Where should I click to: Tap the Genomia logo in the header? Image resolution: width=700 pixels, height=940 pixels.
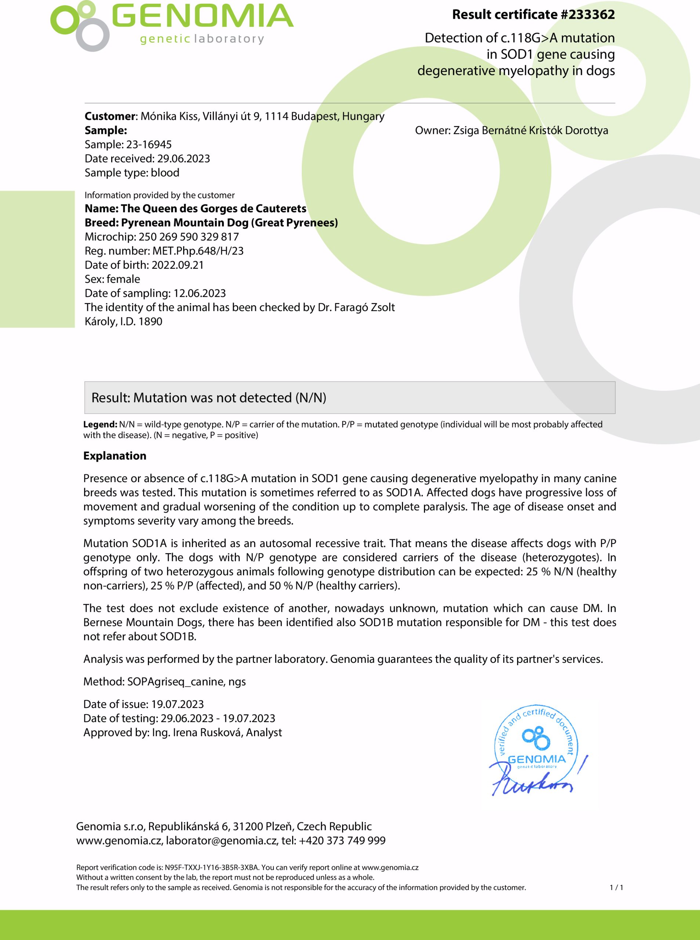[172, 25]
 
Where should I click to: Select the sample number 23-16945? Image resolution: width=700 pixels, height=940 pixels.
[149, 145]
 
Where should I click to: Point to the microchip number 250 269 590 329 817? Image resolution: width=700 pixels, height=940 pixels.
[189, 237]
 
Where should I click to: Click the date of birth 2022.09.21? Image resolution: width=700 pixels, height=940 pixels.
[178, 265]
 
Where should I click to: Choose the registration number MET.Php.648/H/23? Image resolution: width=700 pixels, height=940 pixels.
[198, 251]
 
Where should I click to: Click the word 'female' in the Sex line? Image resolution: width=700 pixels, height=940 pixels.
[123, 279]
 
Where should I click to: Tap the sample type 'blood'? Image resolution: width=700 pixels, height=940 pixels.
[165, 173]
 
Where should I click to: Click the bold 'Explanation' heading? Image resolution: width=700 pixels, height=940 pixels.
[115, 456]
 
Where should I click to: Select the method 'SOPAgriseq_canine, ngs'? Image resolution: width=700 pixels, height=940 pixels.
[186, 681]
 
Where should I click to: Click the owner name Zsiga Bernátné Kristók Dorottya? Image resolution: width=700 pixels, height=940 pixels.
[530, 130]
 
